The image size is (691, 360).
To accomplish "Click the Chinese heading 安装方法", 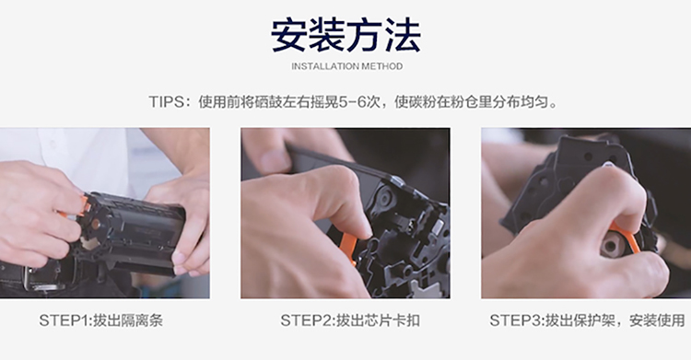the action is [345, 35].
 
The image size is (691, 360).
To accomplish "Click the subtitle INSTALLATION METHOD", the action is [346, 66].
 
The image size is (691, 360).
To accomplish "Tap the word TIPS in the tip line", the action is [166, 102].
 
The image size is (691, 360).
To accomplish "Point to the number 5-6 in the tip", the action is [353, 102].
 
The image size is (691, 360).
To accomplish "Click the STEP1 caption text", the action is [101, 320].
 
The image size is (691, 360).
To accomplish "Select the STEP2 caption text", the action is [350, 320].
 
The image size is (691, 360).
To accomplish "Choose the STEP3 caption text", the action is [587, 320].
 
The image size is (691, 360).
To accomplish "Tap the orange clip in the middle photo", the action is [348, 248].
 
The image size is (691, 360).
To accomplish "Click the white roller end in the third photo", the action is [613, 244].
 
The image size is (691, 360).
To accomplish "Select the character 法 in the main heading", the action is [402, 35].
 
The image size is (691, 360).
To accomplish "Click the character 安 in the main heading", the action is [289, 35].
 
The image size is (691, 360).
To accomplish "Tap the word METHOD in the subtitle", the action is [381, 66].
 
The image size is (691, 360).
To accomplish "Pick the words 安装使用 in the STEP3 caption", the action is [657, 320].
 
